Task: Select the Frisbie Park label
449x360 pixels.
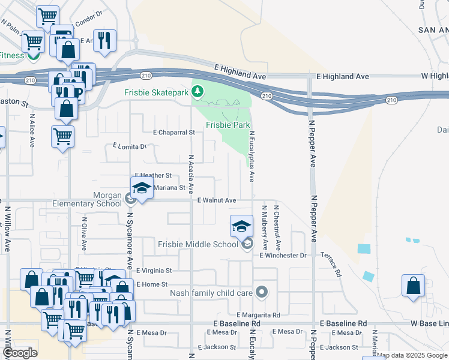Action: tap(228, 125)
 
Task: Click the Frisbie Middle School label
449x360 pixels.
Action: tap(198, 244)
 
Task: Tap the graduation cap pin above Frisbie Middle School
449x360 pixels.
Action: tap(241, 226)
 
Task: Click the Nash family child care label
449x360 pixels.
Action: tap(211, 293)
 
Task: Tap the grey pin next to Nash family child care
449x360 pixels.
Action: tap(261, 293)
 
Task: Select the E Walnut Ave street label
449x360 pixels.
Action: tap(217, 200)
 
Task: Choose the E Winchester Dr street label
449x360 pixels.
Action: tap(283, 256)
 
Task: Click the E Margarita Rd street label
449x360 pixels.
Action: tap(258, 314)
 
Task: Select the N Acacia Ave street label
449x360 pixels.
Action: tap(191, 173)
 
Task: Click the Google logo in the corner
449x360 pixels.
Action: tap(20, 353)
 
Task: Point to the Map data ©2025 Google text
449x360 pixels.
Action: tap(412, 355)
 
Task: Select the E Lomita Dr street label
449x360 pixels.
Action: tap(130, 146)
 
